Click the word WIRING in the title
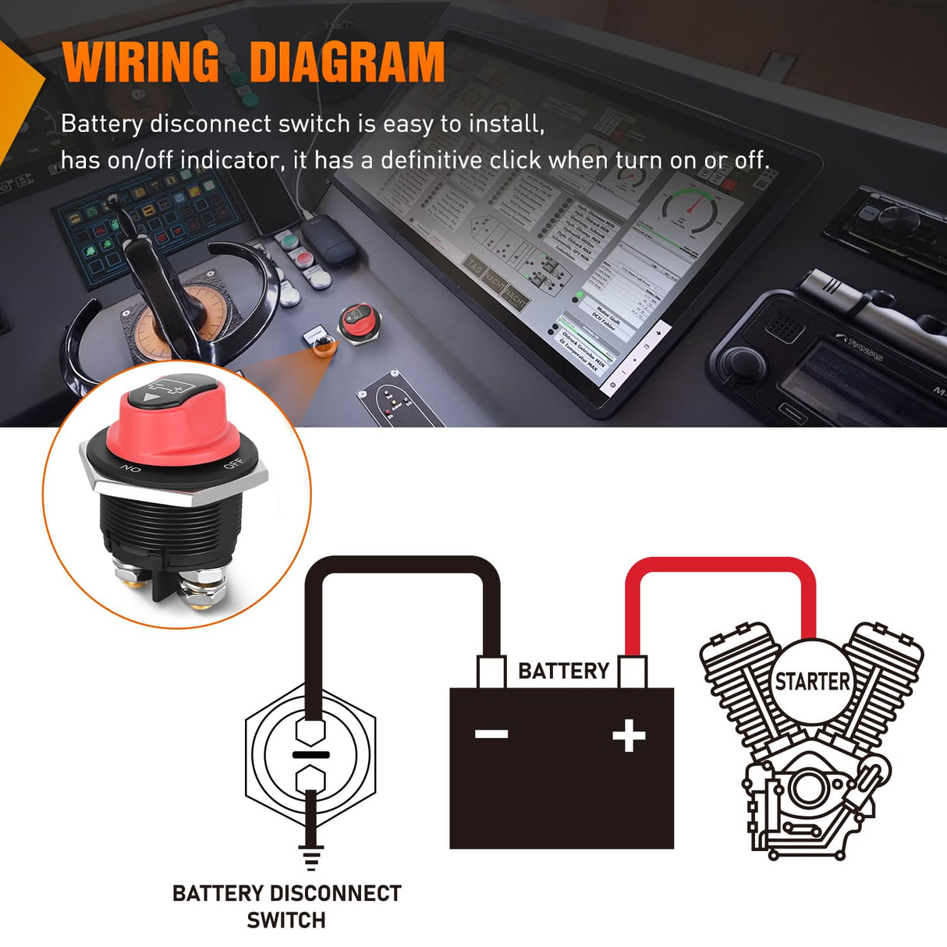click(x=141, y=62)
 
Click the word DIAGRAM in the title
click(x=347, y=62)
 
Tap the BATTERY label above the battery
click(x=563, y=671)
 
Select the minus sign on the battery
click(x=491, y=734)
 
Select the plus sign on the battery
click(x=629, y=736)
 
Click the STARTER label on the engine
click(x=812, y=682)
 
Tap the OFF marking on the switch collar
click(x=233, y=465)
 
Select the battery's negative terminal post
click(x=491, y=672)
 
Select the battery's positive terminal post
click(x=632, y=672)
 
